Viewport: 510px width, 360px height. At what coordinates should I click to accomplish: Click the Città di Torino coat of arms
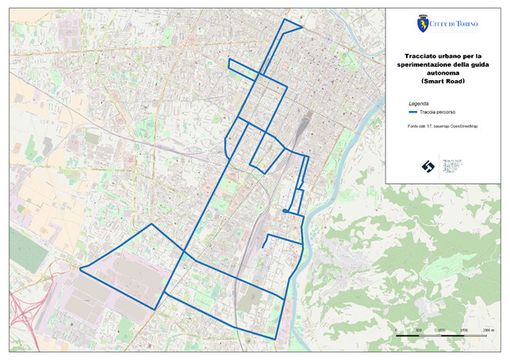tap(422, 22)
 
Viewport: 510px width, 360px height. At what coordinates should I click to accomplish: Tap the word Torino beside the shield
tap(466, 22)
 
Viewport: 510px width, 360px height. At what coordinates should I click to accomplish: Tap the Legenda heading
tap(418, 104)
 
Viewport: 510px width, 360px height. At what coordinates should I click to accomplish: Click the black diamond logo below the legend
tap(426, 166)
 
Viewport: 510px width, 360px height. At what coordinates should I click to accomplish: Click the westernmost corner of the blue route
tap(80, 268)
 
